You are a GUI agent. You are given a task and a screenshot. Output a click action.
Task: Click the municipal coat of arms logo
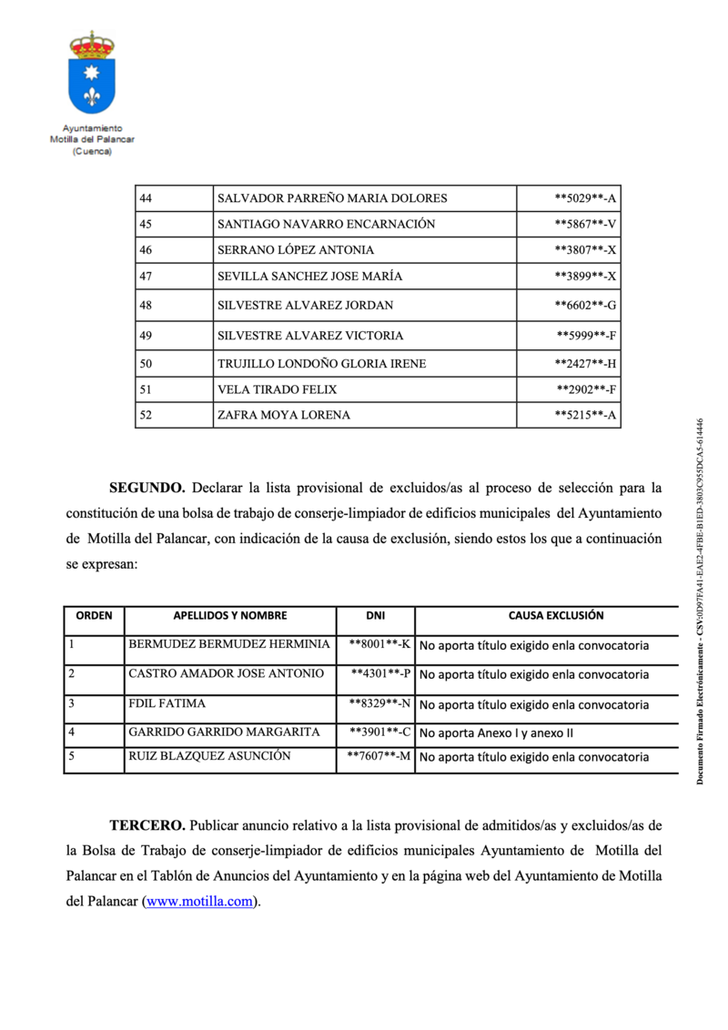coord(92,74)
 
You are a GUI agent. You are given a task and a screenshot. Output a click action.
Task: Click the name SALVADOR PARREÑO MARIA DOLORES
coord(332,198)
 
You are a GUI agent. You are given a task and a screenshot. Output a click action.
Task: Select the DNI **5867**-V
coord(586,224)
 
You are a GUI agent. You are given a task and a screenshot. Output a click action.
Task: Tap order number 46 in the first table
coord(146,249)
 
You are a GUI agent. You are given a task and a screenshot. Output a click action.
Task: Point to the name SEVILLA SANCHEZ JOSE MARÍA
coord(309,276)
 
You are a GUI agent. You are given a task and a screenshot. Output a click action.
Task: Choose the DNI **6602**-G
coord(586,305)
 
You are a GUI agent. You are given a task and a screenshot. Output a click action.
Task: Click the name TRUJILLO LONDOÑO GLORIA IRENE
coord(321,363)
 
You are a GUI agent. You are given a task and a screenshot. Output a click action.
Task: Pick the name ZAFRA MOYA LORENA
coord(283,415)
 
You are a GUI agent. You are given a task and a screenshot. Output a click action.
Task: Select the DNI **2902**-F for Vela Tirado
coord(587,389)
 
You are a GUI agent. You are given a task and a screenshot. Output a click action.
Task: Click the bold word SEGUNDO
coord(147,488)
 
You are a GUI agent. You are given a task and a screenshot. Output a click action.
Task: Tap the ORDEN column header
coord(94,616)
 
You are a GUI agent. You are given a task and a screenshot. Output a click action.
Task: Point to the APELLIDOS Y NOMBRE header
coord(229,616)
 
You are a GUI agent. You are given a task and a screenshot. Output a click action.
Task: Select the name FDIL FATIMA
coord(167,703)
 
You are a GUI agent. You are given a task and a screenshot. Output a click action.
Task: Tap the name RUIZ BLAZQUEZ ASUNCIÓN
coord(209,756)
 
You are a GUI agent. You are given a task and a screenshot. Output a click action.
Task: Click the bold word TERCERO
coord(147,826)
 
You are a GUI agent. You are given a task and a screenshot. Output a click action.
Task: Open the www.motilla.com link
coord(200,903)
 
